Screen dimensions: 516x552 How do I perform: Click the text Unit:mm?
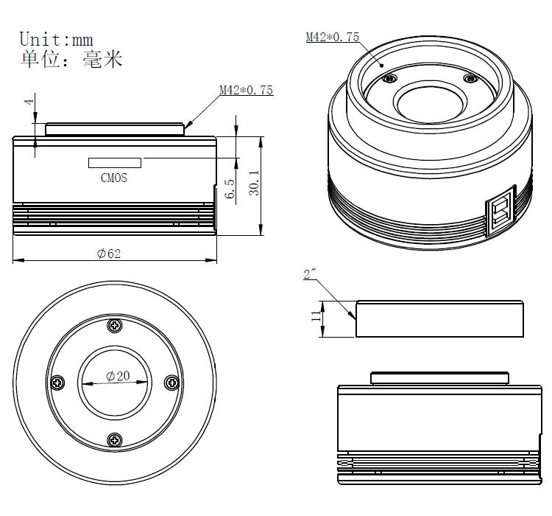click(56, 38)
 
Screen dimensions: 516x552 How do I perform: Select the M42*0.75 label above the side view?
click(246, 90)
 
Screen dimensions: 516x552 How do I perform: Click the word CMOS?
click(113, 178)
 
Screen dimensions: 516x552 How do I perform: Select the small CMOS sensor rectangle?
click(115, 162)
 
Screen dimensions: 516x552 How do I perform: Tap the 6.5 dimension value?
click(230, 189)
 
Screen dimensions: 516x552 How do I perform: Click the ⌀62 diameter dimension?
click(109, 254)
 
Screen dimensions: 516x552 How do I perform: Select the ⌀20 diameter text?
click(117, 375)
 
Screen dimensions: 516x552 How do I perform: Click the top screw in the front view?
click(115, 326)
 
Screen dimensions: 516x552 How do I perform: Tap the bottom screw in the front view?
click(115, 440)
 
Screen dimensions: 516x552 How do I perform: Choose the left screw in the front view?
click(58, 383)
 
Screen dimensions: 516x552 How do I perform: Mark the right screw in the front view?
click(172, 383)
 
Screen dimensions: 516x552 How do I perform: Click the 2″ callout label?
click(310, 275)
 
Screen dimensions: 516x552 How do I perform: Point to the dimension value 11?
click(316, 317)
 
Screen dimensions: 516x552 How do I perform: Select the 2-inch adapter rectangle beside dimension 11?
click(439, 318)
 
